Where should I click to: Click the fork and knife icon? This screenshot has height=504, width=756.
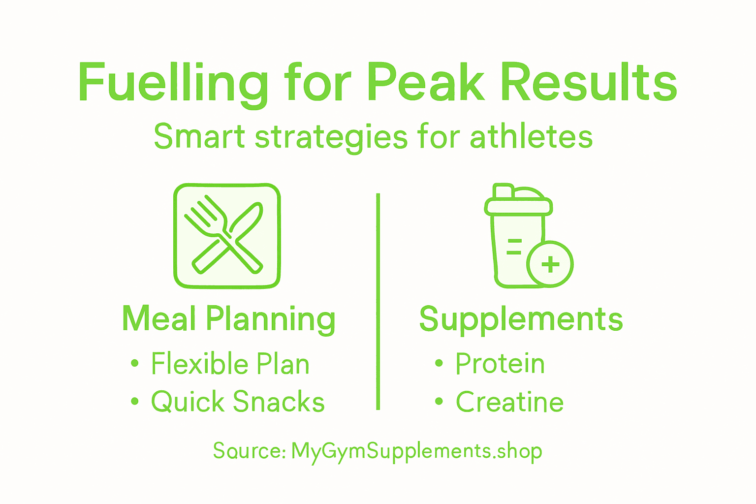(227, 236)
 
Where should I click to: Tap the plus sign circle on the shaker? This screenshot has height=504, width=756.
(550, 264)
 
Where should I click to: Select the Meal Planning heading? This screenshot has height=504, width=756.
(229, 319)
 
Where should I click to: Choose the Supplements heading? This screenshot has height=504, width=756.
(521, 319)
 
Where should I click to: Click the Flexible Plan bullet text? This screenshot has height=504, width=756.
(230, 364)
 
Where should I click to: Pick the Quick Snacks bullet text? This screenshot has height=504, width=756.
(238, 402)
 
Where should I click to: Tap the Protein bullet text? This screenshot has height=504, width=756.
(500, 364)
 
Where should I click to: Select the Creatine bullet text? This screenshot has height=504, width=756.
(509, 402)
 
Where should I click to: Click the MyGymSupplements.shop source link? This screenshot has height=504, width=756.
(416, 451)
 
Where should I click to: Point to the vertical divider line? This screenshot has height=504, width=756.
(378, 301)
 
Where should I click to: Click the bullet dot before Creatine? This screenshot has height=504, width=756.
(439, 402)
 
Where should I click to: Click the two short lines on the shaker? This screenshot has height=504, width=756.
(514, 247)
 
